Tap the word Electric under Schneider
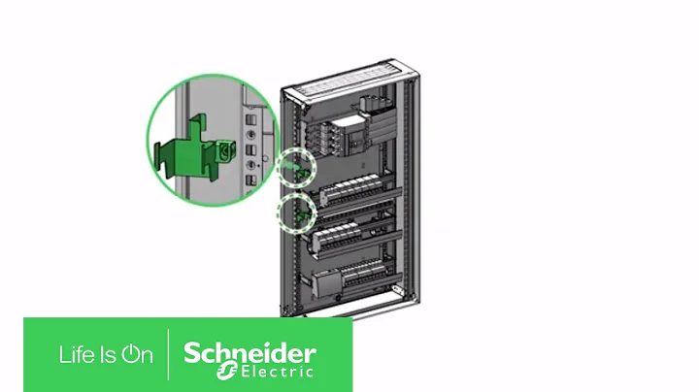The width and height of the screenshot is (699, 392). click(x=276, y=370)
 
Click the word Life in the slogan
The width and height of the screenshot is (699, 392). click(x=77, y=355)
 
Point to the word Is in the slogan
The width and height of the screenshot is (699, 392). click(x=106, y=355)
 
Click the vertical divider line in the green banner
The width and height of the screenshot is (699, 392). click(x=169, y=355)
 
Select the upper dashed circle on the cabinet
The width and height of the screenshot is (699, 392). click(x=298, y=167)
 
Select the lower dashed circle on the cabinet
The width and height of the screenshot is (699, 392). click(x=297, y=212)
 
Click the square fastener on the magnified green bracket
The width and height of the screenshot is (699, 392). click(x=229, y=151)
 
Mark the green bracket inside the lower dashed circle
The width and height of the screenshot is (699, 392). click(x=300, y=211)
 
